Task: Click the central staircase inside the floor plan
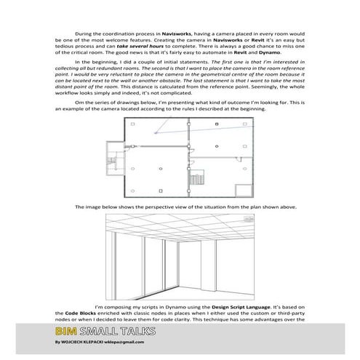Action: pyautogui.click(x=194, y=179)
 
